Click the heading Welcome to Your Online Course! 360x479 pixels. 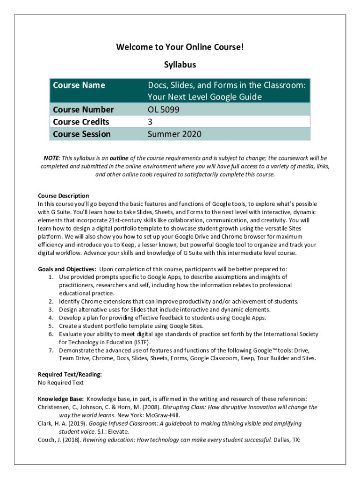(180, 47)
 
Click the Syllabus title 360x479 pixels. (180, 65)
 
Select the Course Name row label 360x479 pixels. (79, 85)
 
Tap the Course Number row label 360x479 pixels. (83, 109)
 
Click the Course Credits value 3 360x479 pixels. (151, 122)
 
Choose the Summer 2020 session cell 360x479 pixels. (174, 134)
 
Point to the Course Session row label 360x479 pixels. (82, 134)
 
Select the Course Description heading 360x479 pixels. (63, 196)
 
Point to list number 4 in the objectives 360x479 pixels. (50, 318)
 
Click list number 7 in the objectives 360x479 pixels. (50, 350)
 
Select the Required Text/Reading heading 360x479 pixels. (70, 374)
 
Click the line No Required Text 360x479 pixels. (61, 383)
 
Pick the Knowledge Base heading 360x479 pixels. (61, 399)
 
